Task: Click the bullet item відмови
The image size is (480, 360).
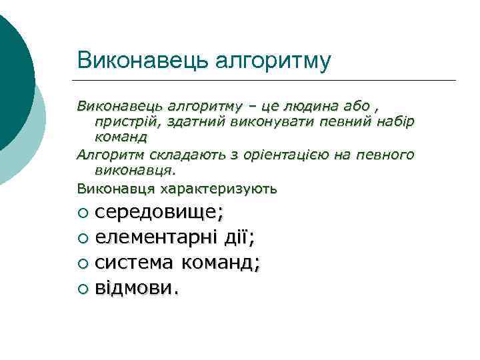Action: point(136,288)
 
